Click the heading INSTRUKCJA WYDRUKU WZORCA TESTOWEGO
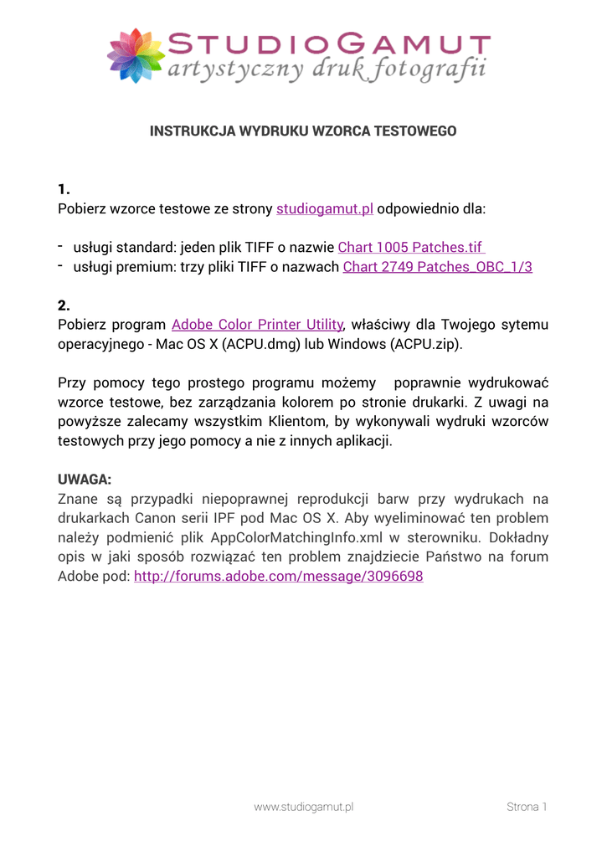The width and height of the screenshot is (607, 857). (303, 131)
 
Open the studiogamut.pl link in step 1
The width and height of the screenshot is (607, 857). (325, 208)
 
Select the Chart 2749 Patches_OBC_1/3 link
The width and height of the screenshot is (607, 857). (438, 267)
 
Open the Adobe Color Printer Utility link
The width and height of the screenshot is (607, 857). (258, 325)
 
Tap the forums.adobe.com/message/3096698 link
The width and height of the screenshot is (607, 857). (279, 577)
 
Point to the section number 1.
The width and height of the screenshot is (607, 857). (64, 187)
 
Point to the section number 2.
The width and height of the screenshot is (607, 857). (64, 305)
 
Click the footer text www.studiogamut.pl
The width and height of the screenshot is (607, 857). (304, 807)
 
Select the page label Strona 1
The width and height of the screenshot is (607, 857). (527, 807)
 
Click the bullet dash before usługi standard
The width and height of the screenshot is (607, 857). (61, 246)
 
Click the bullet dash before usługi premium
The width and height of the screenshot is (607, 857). (61, 266)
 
